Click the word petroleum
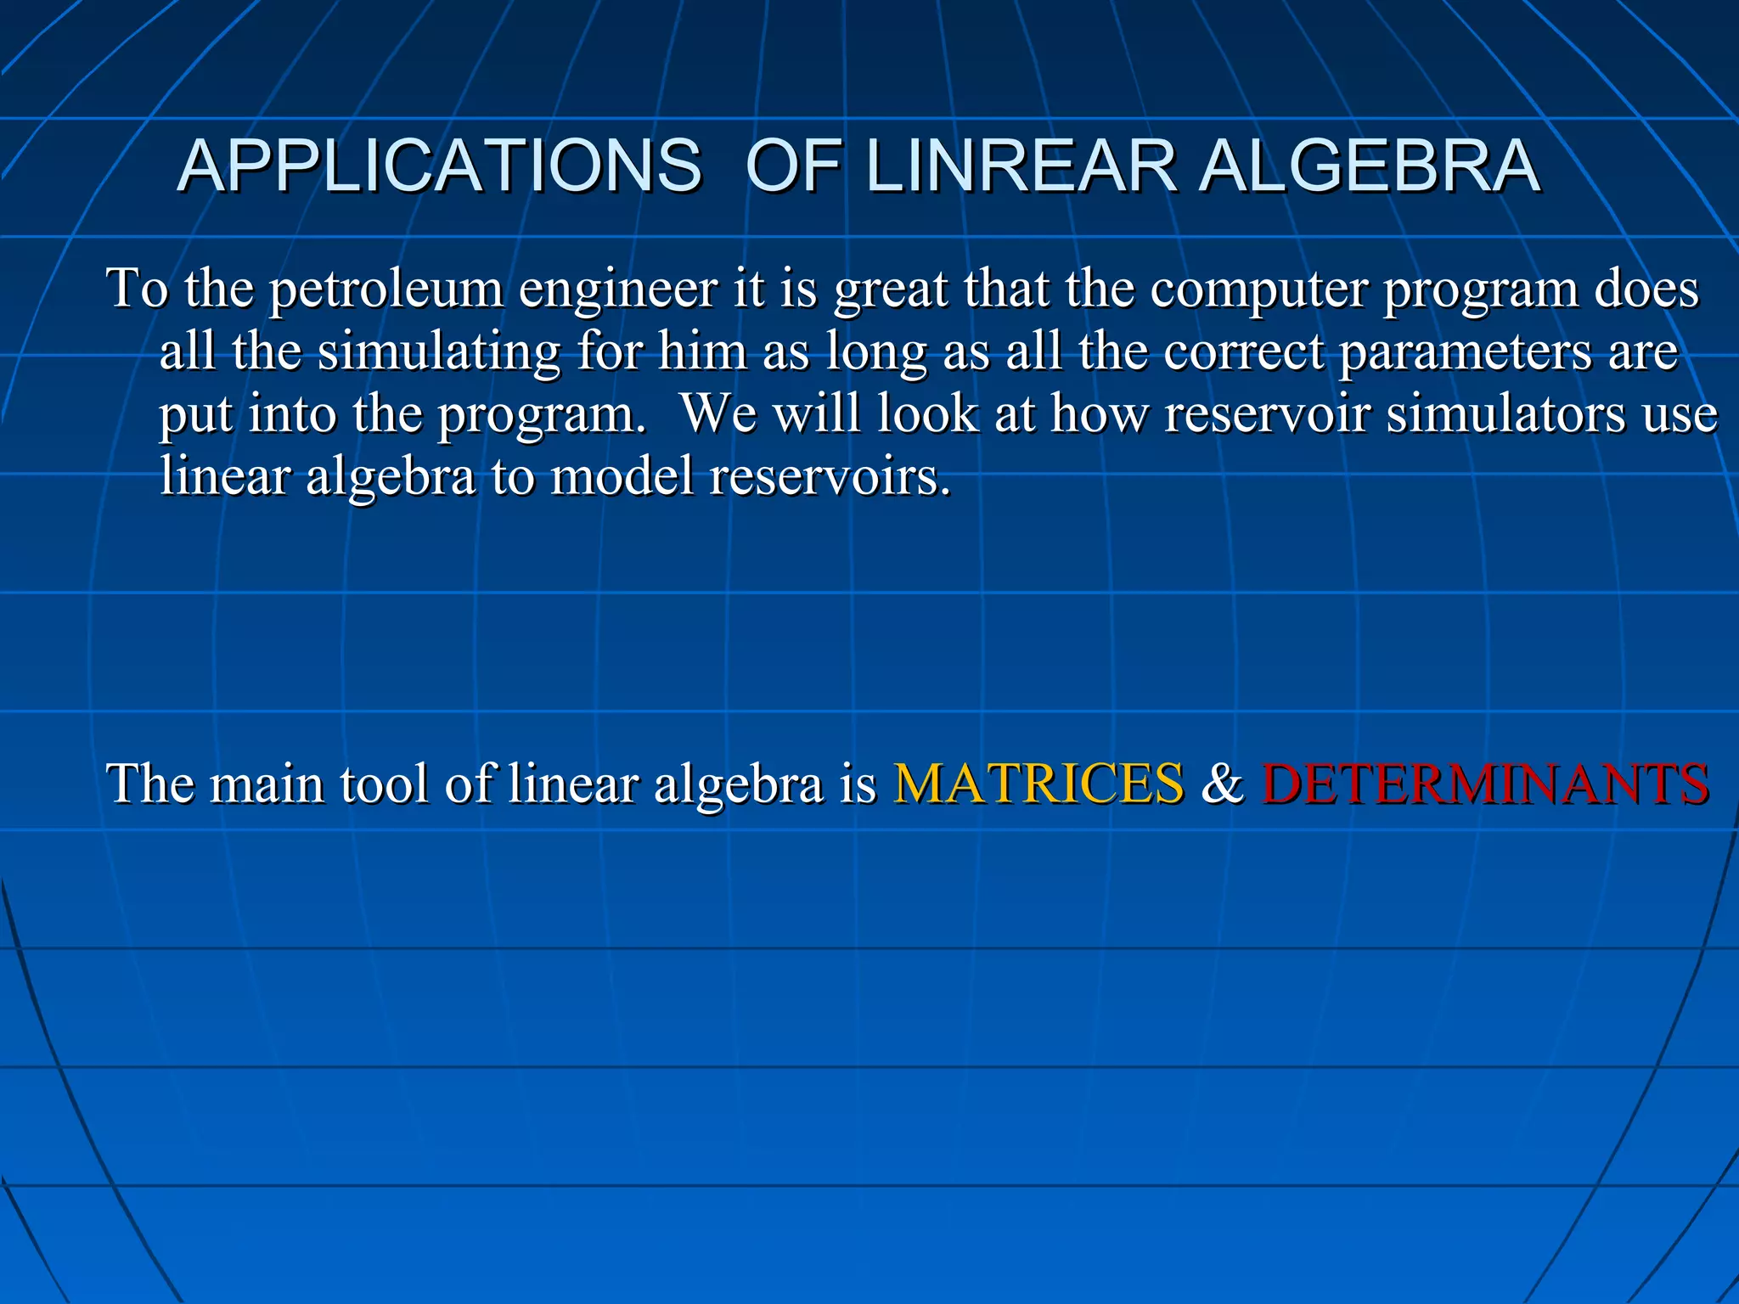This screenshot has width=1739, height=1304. (x=386, y=289)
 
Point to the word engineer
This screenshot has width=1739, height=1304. (x=618, y=289)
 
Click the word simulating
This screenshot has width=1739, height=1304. (x=439, y=351)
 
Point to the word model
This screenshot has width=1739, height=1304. (x=622, y=475)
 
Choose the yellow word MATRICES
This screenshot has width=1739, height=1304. (x=1038, y=783)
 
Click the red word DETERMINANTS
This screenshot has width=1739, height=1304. (x=1485, y=783)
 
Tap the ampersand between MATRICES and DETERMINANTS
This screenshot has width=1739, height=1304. (x=1222, y=783)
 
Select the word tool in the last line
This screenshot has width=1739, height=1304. (x=384, y=783)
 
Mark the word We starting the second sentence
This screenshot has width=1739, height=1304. (x=718, y=414)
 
